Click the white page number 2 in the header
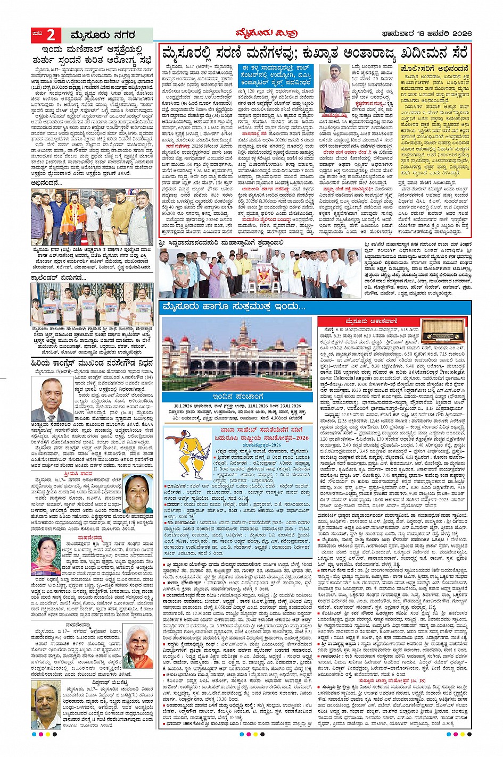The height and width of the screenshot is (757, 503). pyautogui.click(x=51, y=35)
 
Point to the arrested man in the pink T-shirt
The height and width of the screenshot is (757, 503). pyautogui.click(x=335, y=88)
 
